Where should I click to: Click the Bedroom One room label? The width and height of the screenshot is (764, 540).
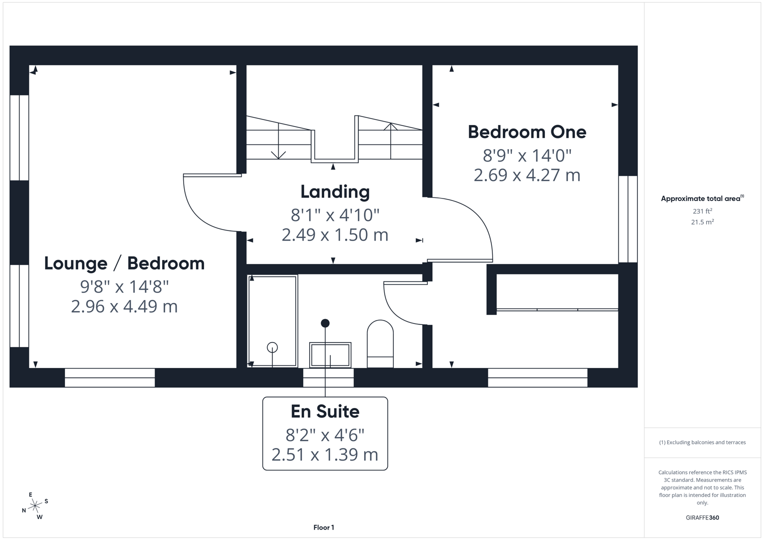[x=527, y=132]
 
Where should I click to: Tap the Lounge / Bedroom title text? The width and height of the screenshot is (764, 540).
[x=125, y=263]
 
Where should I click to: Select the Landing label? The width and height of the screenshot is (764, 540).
[x=335, y=191]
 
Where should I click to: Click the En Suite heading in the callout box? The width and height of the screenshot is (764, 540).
[x=325, y=411]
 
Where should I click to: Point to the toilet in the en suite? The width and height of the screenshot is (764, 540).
[x=380, y=343]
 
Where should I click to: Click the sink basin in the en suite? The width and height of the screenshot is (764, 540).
[x=330, y=355]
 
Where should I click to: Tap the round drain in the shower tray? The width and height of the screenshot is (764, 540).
[x=272, y=347]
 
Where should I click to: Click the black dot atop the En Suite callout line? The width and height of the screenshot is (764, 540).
[x=325, y=323]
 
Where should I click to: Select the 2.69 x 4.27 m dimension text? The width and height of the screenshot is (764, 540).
[x=527, y=175]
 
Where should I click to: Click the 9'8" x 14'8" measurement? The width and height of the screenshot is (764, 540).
[x=125, y=286]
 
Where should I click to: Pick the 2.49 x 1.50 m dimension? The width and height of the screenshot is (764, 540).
[x=335, y=234]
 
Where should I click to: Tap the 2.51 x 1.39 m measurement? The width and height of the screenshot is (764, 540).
[x=325, y=454]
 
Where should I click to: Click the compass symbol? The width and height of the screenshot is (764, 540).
[x=35, y=506]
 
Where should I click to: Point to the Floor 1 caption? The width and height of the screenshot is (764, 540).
[x=324, y=527]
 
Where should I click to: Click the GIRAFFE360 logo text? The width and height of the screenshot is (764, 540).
[x=702, y=517]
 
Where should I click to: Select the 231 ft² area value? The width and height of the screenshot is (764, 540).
[x=702, y=211]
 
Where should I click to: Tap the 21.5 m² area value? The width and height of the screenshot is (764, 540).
[x=702, y=222]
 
